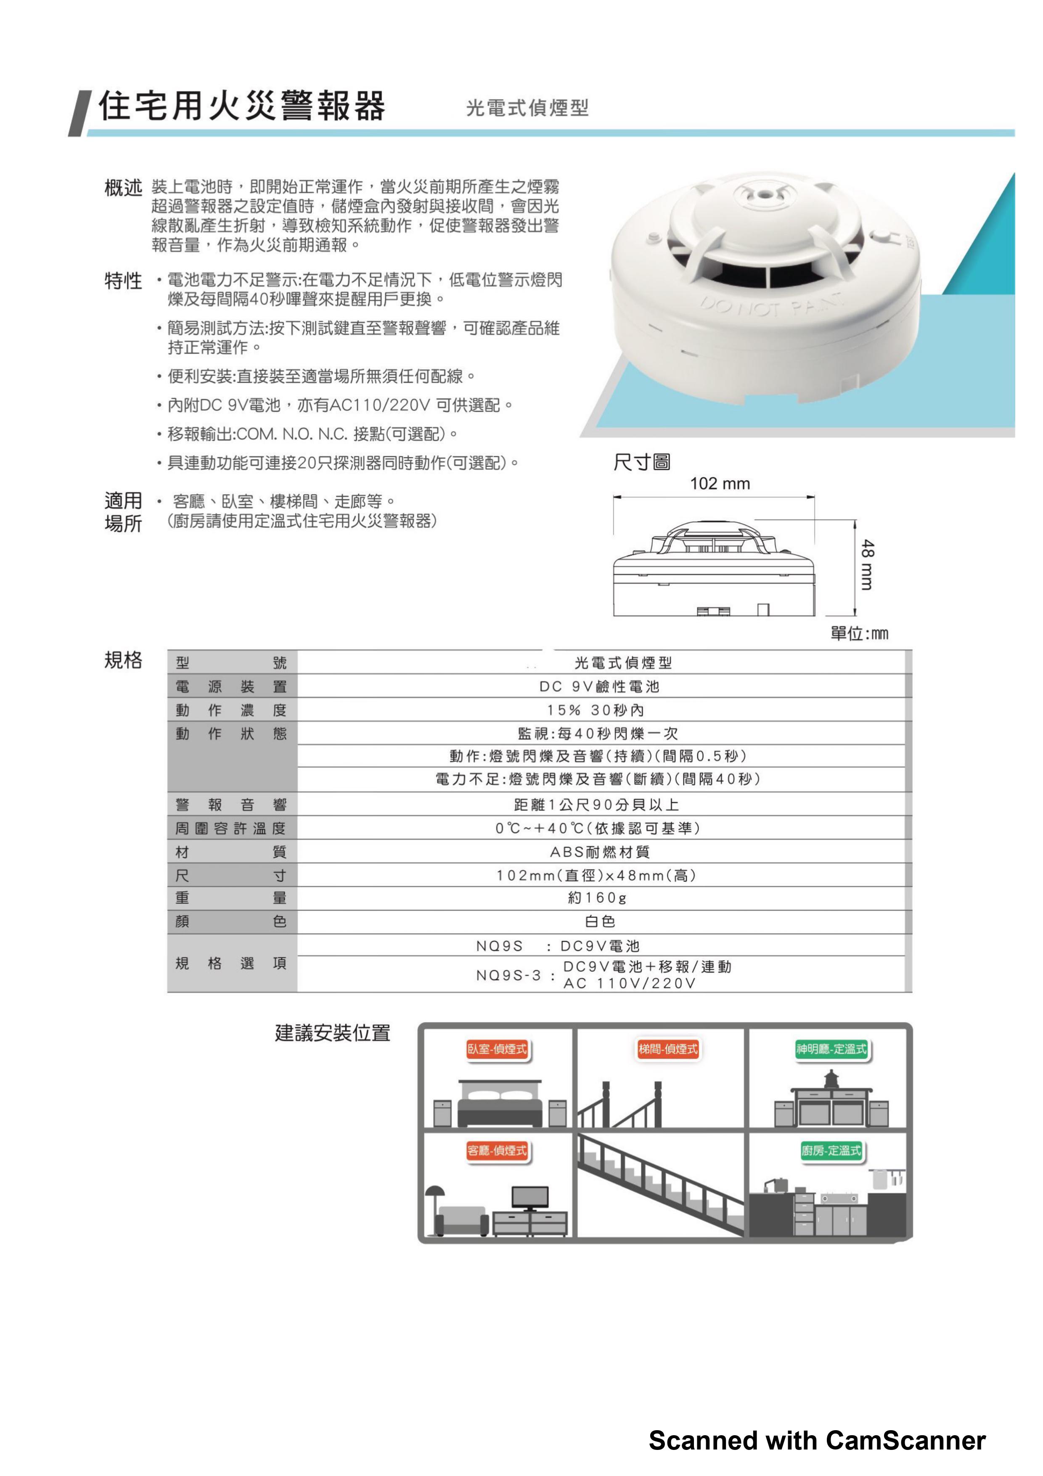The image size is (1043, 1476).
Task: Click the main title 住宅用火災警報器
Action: point(242,106)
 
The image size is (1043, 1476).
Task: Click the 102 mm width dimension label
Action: point(719,483)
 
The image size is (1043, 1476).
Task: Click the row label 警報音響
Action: point(231,805)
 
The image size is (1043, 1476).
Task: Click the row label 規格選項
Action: point(231,963)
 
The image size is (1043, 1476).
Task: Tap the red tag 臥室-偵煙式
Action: point(497,1049)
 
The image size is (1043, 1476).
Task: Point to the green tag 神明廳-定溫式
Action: point(831,1049)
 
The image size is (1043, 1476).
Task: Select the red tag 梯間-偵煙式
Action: point(668,1049)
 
